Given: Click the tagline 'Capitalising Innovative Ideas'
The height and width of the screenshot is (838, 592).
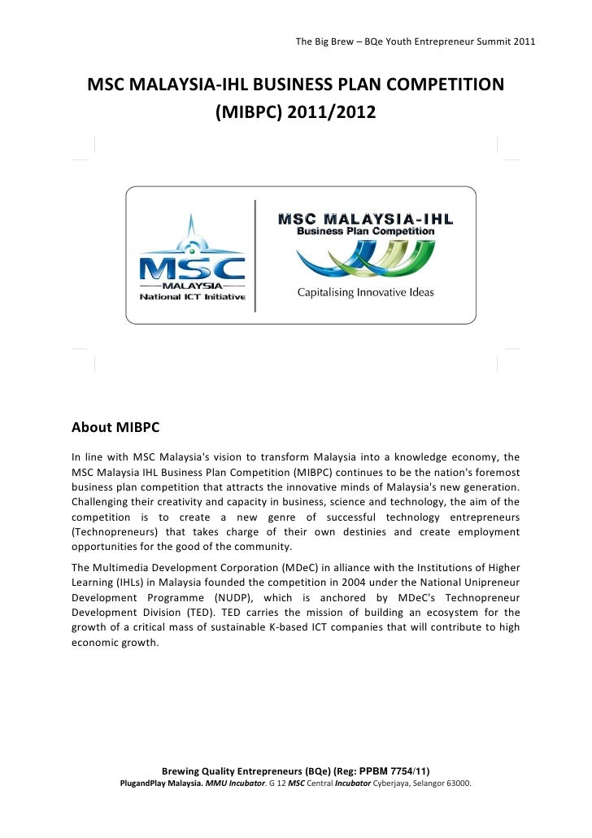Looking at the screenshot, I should [x=365, y=293].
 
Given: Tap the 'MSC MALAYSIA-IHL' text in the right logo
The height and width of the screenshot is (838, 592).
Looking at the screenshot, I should [x=366, y=219].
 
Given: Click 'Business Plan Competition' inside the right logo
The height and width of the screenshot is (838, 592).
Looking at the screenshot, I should [x=365, y=231].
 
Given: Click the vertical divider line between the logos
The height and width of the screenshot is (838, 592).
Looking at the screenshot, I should [x=255, y=255].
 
